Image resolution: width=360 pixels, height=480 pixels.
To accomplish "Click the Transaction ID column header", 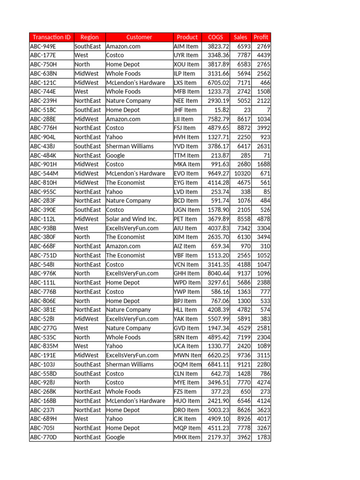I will [x=52, y=37].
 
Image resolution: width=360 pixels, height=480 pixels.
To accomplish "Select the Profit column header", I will [x=261, y=37].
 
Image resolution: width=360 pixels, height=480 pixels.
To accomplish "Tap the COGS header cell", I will [x=216, y=37].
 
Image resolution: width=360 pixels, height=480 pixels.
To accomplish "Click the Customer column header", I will [x=139, y=37].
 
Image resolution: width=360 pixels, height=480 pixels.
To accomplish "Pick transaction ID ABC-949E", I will [x=43, y=46].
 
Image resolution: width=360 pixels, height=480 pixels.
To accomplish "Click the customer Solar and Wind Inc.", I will [x=131, y=219].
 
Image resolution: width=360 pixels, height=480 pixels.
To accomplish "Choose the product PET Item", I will [x=186, y=219].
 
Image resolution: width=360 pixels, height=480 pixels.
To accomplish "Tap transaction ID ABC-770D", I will [x=44, y=437].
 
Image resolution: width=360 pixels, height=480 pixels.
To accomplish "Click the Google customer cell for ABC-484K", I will [x=116, y=155].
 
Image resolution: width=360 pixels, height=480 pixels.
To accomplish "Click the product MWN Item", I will [x=187, y=355].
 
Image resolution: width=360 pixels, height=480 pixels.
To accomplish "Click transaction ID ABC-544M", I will [x=44, y=173].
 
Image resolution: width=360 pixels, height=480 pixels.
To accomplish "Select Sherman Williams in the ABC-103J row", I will [x=130, y=364].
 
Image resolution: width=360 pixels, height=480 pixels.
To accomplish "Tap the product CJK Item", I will [x=185, y=419].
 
